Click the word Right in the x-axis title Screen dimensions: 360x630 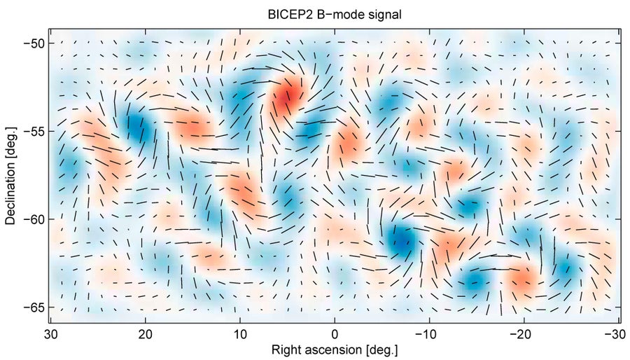(x=286, y=348)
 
